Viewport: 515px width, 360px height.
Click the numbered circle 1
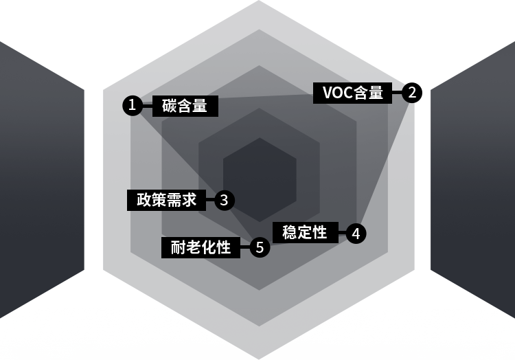pyautogui.click(x=133, y=106)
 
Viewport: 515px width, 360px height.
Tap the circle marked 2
pyautogui.click(x=411, y=93)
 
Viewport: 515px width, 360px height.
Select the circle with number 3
pyautogui.click(x=225, y=201)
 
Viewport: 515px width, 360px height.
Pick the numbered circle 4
pyautogui.click(x=356, y=234)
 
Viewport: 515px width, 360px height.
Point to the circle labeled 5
pyautogui.click(x=260, y=247)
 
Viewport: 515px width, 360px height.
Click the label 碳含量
pyautogui.click(x=185, y=106)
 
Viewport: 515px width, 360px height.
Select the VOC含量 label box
pyautogui.click(x=353, y=93)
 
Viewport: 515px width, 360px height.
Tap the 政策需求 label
pyautogui.click(x=167, y=200)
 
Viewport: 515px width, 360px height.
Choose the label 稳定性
pyautogui.click(x=305, y=232)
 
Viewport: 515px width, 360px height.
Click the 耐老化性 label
pyautogui.click(x=201, y=247)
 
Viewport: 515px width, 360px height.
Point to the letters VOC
pyautogui.click(x=337, y=93)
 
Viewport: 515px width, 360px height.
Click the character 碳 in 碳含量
pyautogui.click(x=170, y=106)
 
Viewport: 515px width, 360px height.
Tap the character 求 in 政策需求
pyautogui.click(x=190, y=200)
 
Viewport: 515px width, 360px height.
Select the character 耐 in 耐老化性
pyautogui.click(x=179, y=247)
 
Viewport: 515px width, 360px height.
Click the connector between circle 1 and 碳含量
pyautogui.click(x=148, y=106)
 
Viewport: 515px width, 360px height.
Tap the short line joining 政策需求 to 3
pyautogui.click(x=210, y=201)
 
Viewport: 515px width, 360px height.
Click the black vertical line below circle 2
pyautogui.click(x=418, y=179)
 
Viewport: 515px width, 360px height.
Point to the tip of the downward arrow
pyautogui.click(x=258, y=357)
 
